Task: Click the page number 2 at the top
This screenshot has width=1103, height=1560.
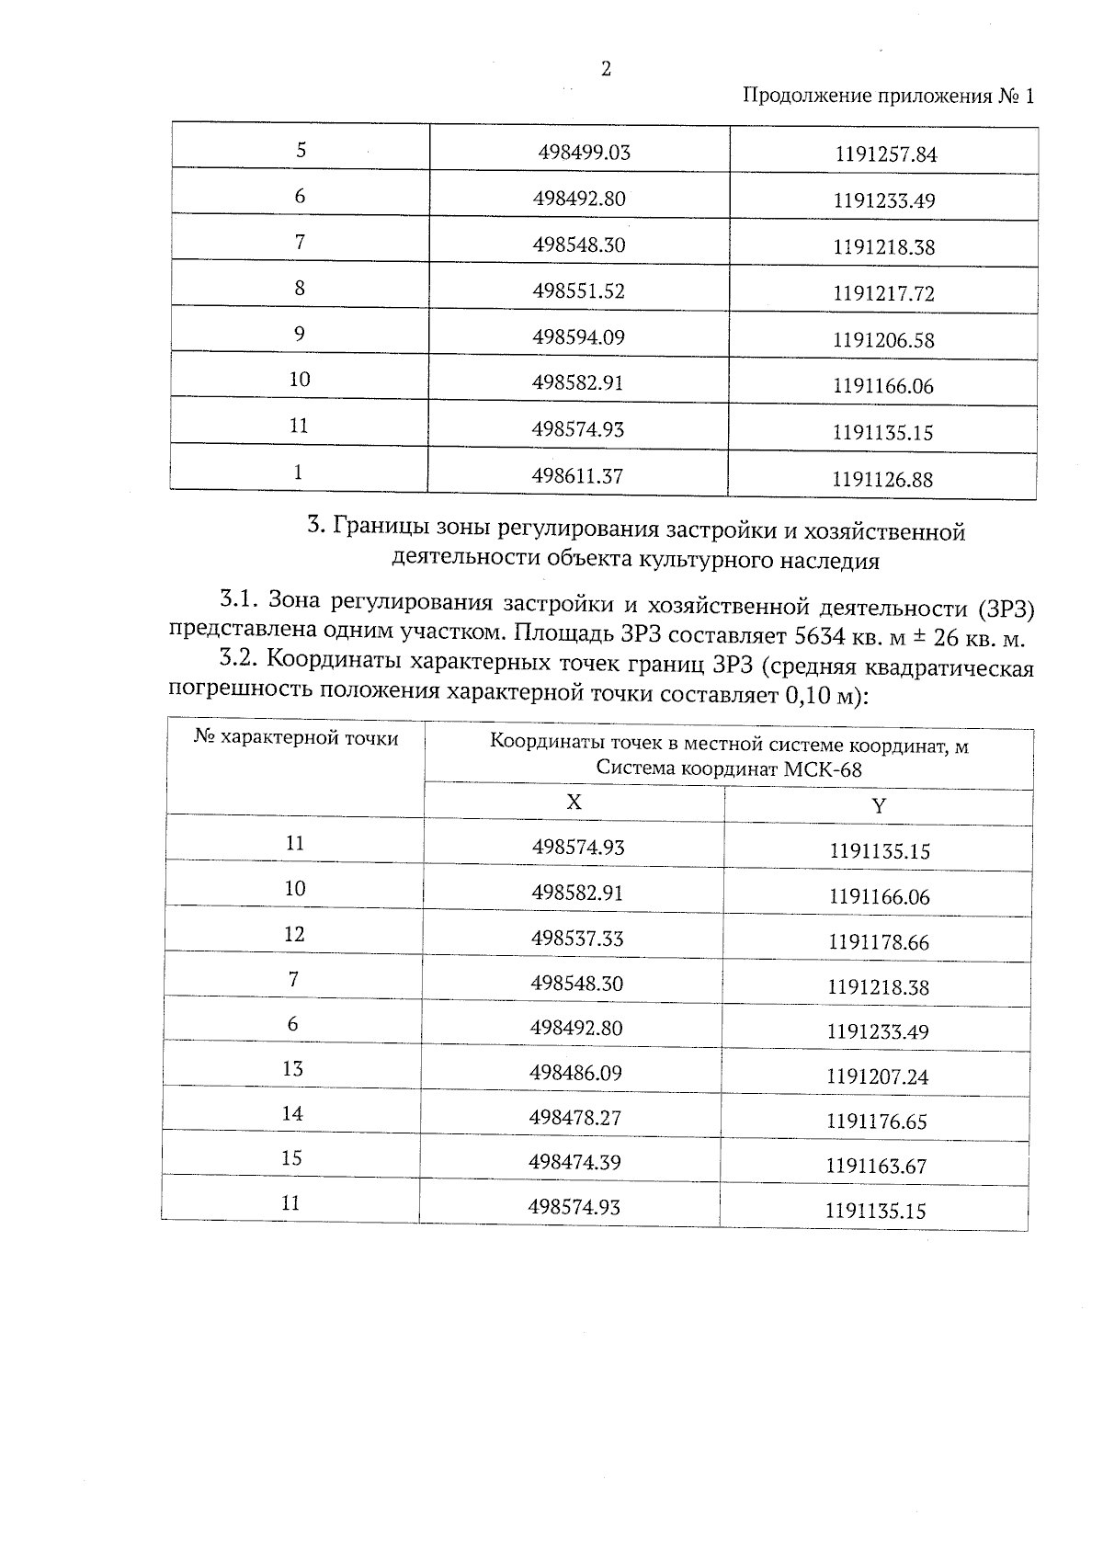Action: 605,69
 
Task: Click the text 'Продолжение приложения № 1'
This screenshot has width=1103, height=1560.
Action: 887,97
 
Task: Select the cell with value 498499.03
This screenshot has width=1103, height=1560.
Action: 584,153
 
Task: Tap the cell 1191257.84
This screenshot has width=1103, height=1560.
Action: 886,154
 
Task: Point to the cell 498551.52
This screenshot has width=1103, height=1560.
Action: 578,291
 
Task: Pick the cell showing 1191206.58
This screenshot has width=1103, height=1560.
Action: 883,340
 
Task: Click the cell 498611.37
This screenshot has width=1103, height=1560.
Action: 578,476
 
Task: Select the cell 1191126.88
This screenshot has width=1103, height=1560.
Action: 882,479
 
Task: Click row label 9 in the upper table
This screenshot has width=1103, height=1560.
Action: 300,334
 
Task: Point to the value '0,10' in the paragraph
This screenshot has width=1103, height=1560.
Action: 805,696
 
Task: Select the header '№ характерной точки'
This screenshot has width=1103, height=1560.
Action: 296,738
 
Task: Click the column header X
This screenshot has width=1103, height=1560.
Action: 574,802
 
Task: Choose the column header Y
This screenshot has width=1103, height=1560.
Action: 879,806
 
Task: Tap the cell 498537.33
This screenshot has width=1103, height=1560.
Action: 577,939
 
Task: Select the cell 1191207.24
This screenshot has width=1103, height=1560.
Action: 878,1076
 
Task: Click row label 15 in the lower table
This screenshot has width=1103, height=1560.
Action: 291,1158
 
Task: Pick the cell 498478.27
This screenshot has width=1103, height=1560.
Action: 575,1118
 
